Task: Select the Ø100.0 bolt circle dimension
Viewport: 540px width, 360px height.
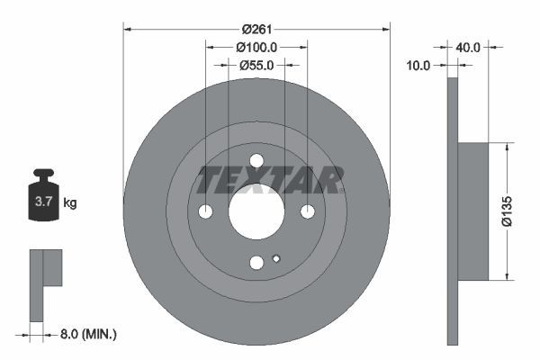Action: click(x=256, y=47)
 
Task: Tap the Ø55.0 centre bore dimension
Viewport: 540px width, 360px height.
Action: click(x=256, y=65)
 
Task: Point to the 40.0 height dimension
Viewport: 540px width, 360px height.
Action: click(x=469, y=46)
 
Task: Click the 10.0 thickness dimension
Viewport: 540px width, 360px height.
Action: click(x=418, y=65)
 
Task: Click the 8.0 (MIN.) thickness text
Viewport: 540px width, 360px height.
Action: click(x=86, y=335)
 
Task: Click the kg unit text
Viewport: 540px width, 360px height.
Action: click(x=70, y=203)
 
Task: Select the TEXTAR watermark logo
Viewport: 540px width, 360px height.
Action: click(x=269, y=180)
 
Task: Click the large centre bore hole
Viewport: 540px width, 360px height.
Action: click(x=256, y=211)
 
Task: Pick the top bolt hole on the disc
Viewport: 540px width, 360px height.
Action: click(x=256, y=160)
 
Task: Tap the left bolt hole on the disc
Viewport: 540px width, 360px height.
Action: click(x=205, y=211)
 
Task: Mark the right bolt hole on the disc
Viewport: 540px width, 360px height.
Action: click(x=308, y=211)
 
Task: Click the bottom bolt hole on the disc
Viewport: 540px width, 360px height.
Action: click(x=256, y=263)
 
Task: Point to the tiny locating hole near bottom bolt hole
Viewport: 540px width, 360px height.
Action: click(x=276, y=259)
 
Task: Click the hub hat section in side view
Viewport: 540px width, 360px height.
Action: click(x=473, y=211)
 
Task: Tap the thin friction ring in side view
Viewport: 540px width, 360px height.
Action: click(x=453, y=211)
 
